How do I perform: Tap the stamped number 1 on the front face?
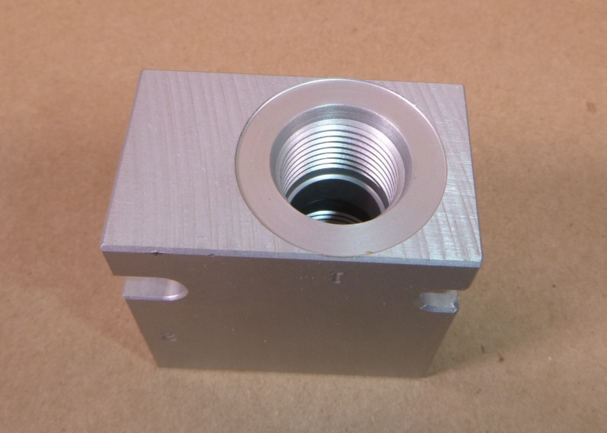(338, 277)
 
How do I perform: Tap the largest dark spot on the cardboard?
(590, 107)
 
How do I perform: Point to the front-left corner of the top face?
(103, 249)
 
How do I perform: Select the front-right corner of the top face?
(480, 264)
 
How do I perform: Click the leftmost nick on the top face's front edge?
(155, 253)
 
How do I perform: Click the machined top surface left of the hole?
(178, 160)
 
